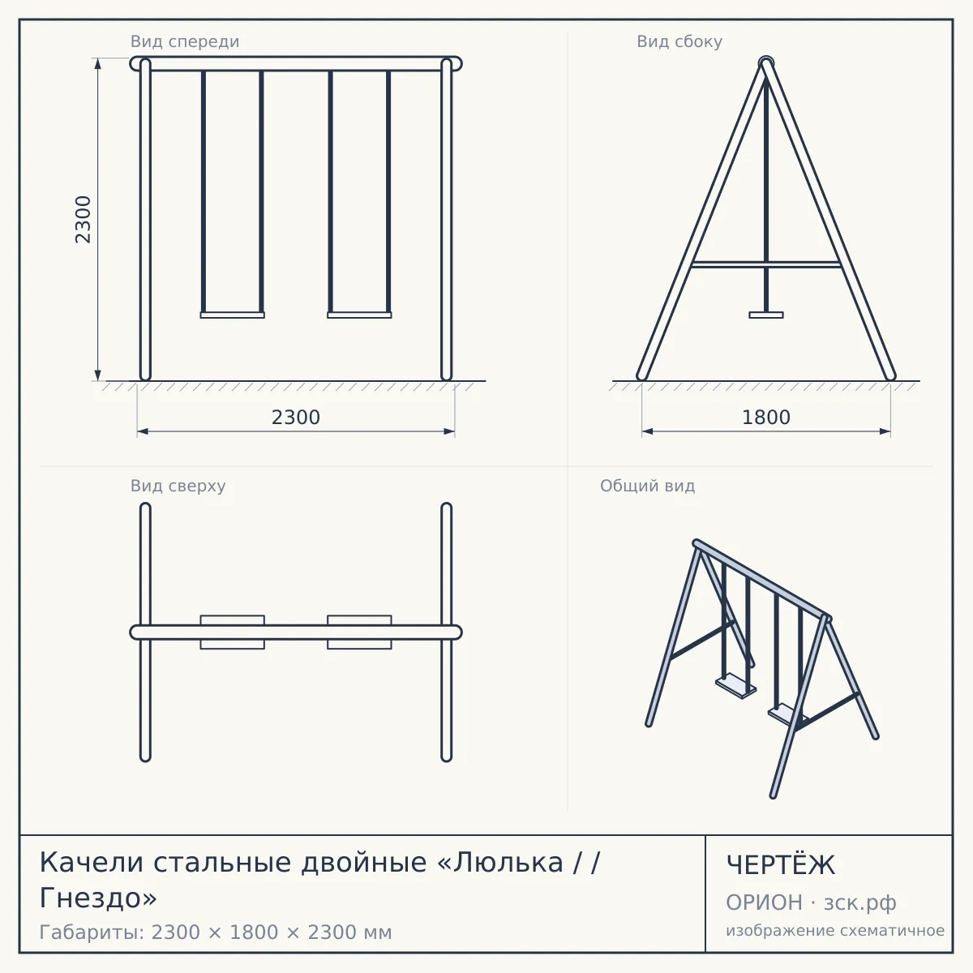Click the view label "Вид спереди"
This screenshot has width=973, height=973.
click(185, 41)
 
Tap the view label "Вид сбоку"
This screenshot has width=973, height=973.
click(679, 41)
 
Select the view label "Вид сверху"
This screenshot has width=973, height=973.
click(178, 486)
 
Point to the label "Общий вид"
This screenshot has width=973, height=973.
click(647, 486)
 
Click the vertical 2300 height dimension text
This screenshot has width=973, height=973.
click(83, 220)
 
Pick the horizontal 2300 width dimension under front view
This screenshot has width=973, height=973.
click(296, 418)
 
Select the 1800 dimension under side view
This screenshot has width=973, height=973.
click(766, 418)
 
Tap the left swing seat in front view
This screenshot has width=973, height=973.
click(232, 315)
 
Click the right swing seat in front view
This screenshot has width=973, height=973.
click(359, 315)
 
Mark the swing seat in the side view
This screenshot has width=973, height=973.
click(766, 315)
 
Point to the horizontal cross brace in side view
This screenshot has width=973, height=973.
click(766, 264)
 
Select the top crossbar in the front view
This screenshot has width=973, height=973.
click(296, 63)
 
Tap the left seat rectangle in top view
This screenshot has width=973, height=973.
click(232, 632)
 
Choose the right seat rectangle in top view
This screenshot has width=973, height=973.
click(359, 632)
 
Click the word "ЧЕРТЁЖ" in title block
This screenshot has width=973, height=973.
click(781, 865)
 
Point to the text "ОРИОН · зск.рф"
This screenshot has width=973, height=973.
click(811, 902)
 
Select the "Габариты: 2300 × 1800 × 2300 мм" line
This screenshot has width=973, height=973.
click(216, 932)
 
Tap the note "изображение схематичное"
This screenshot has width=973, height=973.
click(835, 930)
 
